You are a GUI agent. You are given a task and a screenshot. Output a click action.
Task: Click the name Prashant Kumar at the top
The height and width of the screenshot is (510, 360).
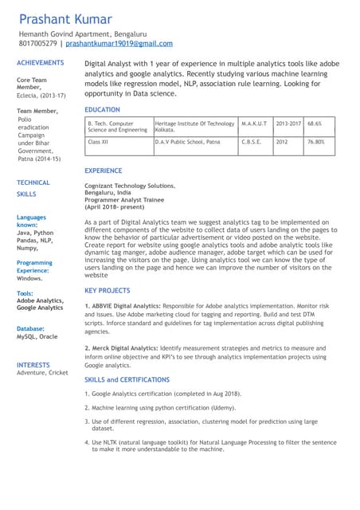pyautogui.click(x=66, y=18)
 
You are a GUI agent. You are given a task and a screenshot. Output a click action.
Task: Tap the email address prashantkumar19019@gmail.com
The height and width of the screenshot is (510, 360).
pyautogui.click(x=119, y=45)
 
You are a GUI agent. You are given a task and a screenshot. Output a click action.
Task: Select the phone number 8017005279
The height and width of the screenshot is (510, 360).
pyautogui.click(x=37, y=45)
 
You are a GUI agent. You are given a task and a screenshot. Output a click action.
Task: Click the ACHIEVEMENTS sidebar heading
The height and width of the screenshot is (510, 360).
pyautogui.click(x=40, y=62)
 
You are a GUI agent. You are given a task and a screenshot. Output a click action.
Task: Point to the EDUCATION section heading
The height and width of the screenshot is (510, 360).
pyautogui.click(x=102, y=110)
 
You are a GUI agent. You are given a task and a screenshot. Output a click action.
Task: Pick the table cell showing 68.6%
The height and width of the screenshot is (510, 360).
pyautogui.click(x=315, y=124)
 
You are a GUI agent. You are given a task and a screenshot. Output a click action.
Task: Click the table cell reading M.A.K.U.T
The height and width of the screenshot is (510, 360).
pyautogui.click(x=254, y=124)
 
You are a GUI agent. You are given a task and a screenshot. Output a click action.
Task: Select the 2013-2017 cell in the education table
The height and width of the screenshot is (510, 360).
pyautogui.click(x=288, y=124)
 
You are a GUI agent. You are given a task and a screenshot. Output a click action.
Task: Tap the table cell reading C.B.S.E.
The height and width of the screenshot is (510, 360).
pyautogui.click(x=252, y=141)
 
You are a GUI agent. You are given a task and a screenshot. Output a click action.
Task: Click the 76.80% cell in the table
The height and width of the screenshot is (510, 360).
pyautogui.click(x=316, y=141)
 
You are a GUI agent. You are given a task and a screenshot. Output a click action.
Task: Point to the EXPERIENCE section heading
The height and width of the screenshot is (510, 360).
pyautogui.click(x=104, y=171)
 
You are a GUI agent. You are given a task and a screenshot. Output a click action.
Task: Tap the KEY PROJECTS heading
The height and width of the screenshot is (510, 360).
pyautogui.click(x=108, y=291)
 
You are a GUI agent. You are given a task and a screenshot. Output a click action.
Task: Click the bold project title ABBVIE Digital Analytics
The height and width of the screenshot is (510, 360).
pyautogui.click(x=125, y=306)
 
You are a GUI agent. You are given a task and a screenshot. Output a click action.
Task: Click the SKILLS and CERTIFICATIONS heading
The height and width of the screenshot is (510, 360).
pyautogui.click(x=127, y=379)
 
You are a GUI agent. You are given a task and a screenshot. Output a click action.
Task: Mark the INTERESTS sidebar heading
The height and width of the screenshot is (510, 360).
pyautogui.click(x=33, y=365)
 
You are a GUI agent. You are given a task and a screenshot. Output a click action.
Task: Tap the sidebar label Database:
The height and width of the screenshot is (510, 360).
pyautogui.click(x=30, y=328)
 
